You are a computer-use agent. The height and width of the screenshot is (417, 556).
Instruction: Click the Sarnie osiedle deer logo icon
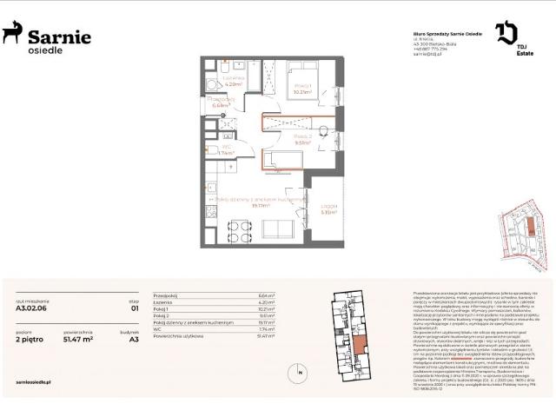pyautogui.click(x=12, y=34)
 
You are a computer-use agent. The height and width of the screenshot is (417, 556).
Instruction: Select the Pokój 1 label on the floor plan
pyautogui.click(x=302, y=88)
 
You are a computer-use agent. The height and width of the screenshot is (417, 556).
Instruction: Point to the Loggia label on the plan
pyautogui.click(x=328, y=208)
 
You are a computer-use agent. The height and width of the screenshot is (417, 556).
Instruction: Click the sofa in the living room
pyautogui.click(x=281, y=229)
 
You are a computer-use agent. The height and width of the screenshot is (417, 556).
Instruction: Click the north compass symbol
pyautogui.click(x=300, y=374)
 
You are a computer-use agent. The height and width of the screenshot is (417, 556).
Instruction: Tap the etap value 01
pyautogui.click(x=134, y=307)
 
